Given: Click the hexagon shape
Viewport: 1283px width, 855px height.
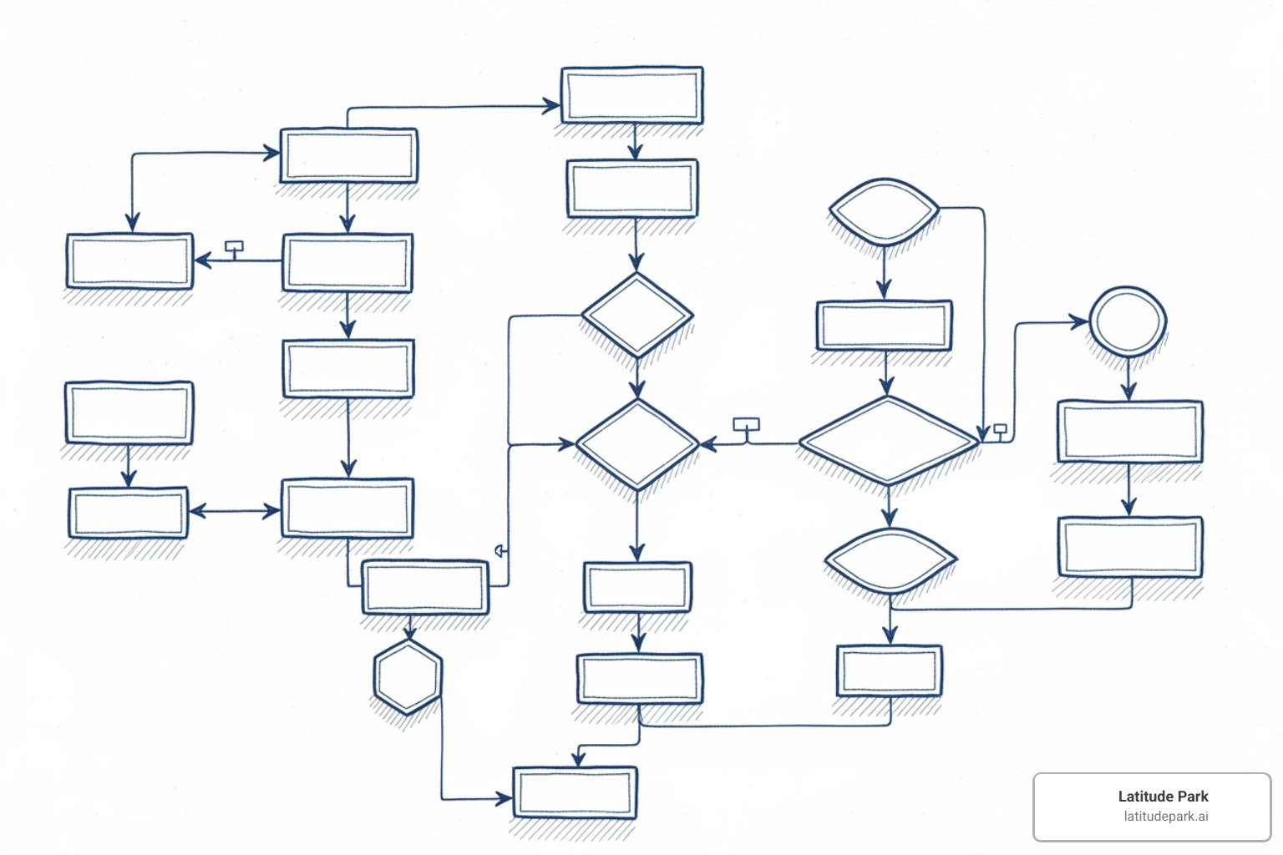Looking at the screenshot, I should (x=408, y=677).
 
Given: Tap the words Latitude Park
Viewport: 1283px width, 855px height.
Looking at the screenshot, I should (x=1163, y=797).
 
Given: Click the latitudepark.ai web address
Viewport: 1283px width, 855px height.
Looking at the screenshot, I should (x=1165, y=817).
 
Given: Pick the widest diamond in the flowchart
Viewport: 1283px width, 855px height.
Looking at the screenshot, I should (x=888, y=441).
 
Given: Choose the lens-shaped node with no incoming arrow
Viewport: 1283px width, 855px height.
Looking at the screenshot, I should (x=884, y=211).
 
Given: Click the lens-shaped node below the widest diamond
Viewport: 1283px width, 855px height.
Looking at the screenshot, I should (x=890, y=560).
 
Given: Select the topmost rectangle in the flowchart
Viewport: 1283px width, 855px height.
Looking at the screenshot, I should (x=632, y=96).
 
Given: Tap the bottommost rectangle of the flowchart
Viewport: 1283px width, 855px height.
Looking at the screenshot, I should (x=575, y=792).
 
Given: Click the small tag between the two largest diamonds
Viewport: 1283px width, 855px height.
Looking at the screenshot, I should (x=746, y=425).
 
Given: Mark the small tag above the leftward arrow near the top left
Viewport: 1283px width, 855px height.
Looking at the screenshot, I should (x=235, y=247).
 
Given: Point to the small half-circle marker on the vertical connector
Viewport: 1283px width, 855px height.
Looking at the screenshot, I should (x=500, y=551).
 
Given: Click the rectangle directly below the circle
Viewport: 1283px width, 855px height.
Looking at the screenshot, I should (x=1129, y=432).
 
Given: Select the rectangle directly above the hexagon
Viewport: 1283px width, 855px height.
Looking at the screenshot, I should (x=425, y=587).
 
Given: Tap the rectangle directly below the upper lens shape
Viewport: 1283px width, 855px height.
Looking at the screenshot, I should (x=884, y=326).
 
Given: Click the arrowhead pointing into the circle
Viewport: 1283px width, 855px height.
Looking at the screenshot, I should (x=1080, y=322).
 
